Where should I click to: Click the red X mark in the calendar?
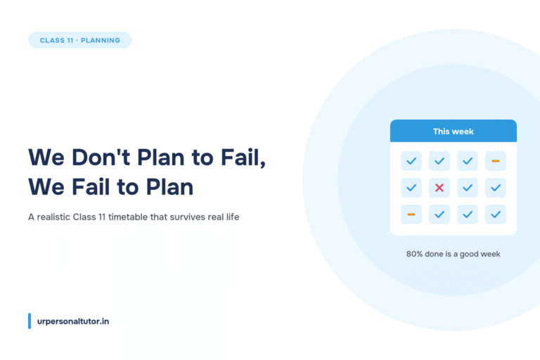[439, 188]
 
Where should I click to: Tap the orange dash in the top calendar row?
[496, 161]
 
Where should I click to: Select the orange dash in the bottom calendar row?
[411, 214]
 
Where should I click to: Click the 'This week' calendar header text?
[454, 131]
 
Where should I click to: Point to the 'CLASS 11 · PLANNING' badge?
[80, 40]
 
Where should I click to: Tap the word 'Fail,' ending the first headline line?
[243, 158]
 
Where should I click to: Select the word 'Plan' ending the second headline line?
[169, 187]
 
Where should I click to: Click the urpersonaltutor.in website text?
[73, 321]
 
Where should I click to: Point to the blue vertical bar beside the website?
[30, 321]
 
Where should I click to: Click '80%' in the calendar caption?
[414, 254]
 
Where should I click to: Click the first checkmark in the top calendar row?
[411, 161]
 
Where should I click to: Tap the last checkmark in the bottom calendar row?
[496, 214]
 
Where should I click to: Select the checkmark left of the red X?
[411, 188]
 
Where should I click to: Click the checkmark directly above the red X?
[439, 161]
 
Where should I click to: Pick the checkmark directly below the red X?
[439, 214]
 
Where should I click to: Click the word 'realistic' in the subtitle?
[53, 217]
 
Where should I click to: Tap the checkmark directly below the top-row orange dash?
[496, 188]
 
